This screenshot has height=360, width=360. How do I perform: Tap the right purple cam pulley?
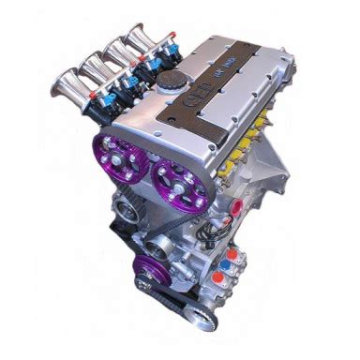178,175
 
